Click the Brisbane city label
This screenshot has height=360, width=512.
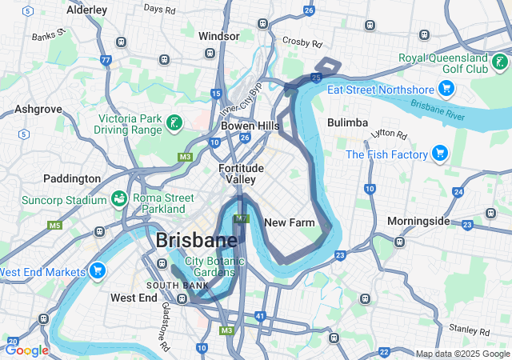(196, 239)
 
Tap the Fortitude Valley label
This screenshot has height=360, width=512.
(238, 174)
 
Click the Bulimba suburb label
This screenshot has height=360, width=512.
(347, 122)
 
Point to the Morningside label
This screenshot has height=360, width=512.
(419, 221)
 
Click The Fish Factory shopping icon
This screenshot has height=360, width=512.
(439, 152)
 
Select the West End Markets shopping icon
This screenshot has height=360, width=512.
(98, 270)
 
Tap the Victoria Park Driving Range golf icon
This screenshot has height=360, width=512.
(174, 122)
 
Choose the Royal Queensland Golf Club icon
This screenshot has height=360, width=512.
(500, 62)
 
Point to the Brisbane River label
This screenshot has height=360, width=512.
(438, 110)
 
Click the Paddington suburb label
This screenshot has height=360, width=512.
(72, 178)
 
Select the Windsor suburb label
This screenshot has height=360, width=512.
(219, 36)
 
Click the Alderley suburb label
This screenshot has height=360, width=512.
(87, 10)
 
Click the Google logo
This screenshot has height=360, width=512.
(26, 350)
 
